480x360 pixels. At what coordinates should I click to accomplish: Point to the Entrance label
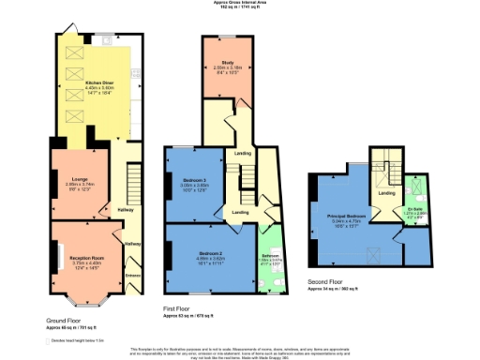coord(132,275)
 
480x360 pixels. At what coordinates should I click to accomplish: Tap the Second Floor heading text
coord(325,283)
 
